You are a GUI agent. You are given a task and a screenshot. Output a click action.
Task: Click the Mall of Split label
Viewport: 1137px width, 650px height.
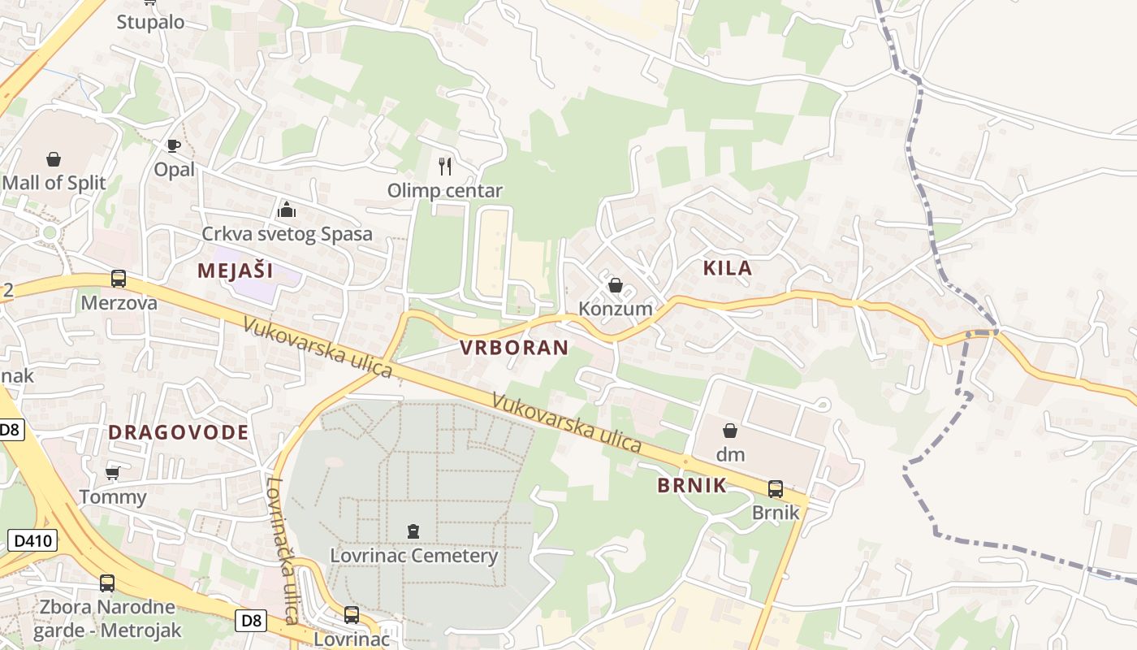pyautogui.click(x=54, y=183)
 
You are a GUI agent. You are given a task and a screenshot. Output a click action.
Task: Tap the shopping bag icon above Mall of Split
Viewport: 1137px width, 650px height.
pyautogui.click(x=54, y=158)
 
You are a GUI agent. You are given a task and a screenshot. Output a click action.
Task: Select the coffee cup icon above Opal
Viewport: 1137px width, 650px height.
pyautogui.click(x=173, y=145)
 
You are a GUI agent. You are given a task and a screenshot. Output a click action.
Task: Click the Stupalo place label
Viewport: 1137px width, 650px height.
pyautogui.click(x=150, y=21)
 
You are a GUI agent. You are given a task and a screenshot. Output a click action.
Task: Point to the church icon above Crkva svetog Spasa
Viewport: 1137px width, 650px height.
pyautogui.click(x=286, y=210)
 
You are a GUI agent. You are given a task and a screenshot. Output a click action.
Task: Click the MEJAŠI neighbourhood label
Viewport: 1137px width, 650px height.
pyautogui.click(x=235, y=271)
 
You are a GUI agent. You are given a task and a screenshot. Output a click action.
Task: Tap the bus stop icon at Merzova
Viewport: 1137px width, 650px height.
pyautogui.click(x=119, y=279)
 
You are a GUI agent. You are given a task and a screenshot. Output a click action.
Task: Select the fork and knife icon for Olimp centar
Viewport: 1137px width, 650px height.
pyautogui.click(x=444, y=167)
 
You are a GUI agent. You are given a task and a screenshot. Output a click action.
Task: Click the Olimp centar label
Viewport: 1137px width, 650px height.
pyautogui.click(x=444, y=191)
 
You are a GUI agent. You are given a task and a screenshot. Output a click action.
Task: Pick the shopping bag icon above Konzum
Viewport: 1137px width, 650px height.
pyautogui.click(x=616, y=285)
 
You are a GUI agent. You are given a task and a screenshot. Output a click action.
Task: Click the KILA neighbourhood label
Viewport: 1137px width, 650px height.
pyautogui.click(x=727, y=268)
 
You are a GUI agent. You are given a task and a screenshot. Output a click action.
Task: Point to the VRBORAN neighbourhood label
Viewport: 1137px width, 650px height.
pyautogui.click(x=514, y=348)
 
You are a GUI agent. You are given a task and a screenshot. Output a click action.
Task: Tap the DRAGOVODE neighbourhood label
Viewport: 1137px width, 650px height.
pyautogui.click(x=178, y=432)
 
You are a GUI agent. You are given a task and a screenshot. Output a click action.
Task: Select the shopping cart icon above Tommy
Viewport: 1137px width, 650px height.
pyautogui.click(x=112, y=473)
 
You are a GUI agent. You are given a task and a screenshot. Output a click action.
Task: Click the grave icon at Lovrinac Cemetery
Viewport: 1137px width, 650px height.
pyautogui.click(x=413, y=531)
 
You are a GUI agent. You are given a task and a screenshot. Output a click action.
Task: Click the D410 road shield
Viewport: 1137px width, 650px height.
pyautogui.click(x=32, y=539)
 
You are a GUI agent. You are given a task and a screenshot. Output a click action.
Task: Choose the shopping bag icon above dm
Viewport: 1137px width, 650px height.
pyautogui.click(x=730, y=431)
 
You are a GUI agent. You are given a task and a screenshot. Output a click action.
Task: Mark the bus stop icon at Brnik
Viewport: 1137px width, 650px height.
pyautogui.click(x=776, y=489)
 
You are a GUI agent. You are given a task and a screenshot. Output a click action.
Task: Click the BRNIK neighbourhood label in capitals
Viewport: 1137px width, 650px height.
pyautogui.click(x=691, y=486)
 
